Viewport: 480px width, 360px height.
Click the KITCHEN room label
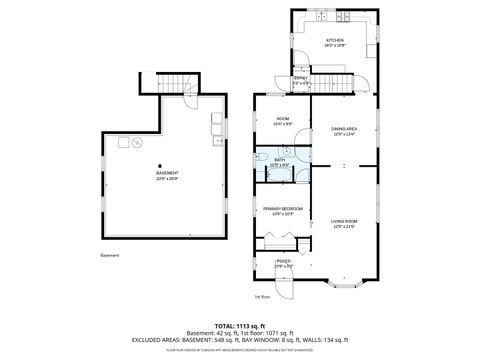[334, 41]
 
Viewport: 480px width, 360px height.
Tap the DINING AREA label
[344, 129]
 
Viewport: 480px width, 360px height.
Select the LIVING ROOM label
[344, 222]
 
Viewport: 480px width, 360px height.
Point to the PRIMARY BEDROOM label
[282, 209]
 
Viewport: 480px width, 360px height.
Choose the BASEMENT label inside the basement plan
[167, 173]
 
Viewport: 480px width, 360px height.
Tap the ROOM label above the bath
[282, 120]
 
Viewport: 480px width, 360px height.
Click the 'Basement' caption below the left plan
[110, 255]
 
